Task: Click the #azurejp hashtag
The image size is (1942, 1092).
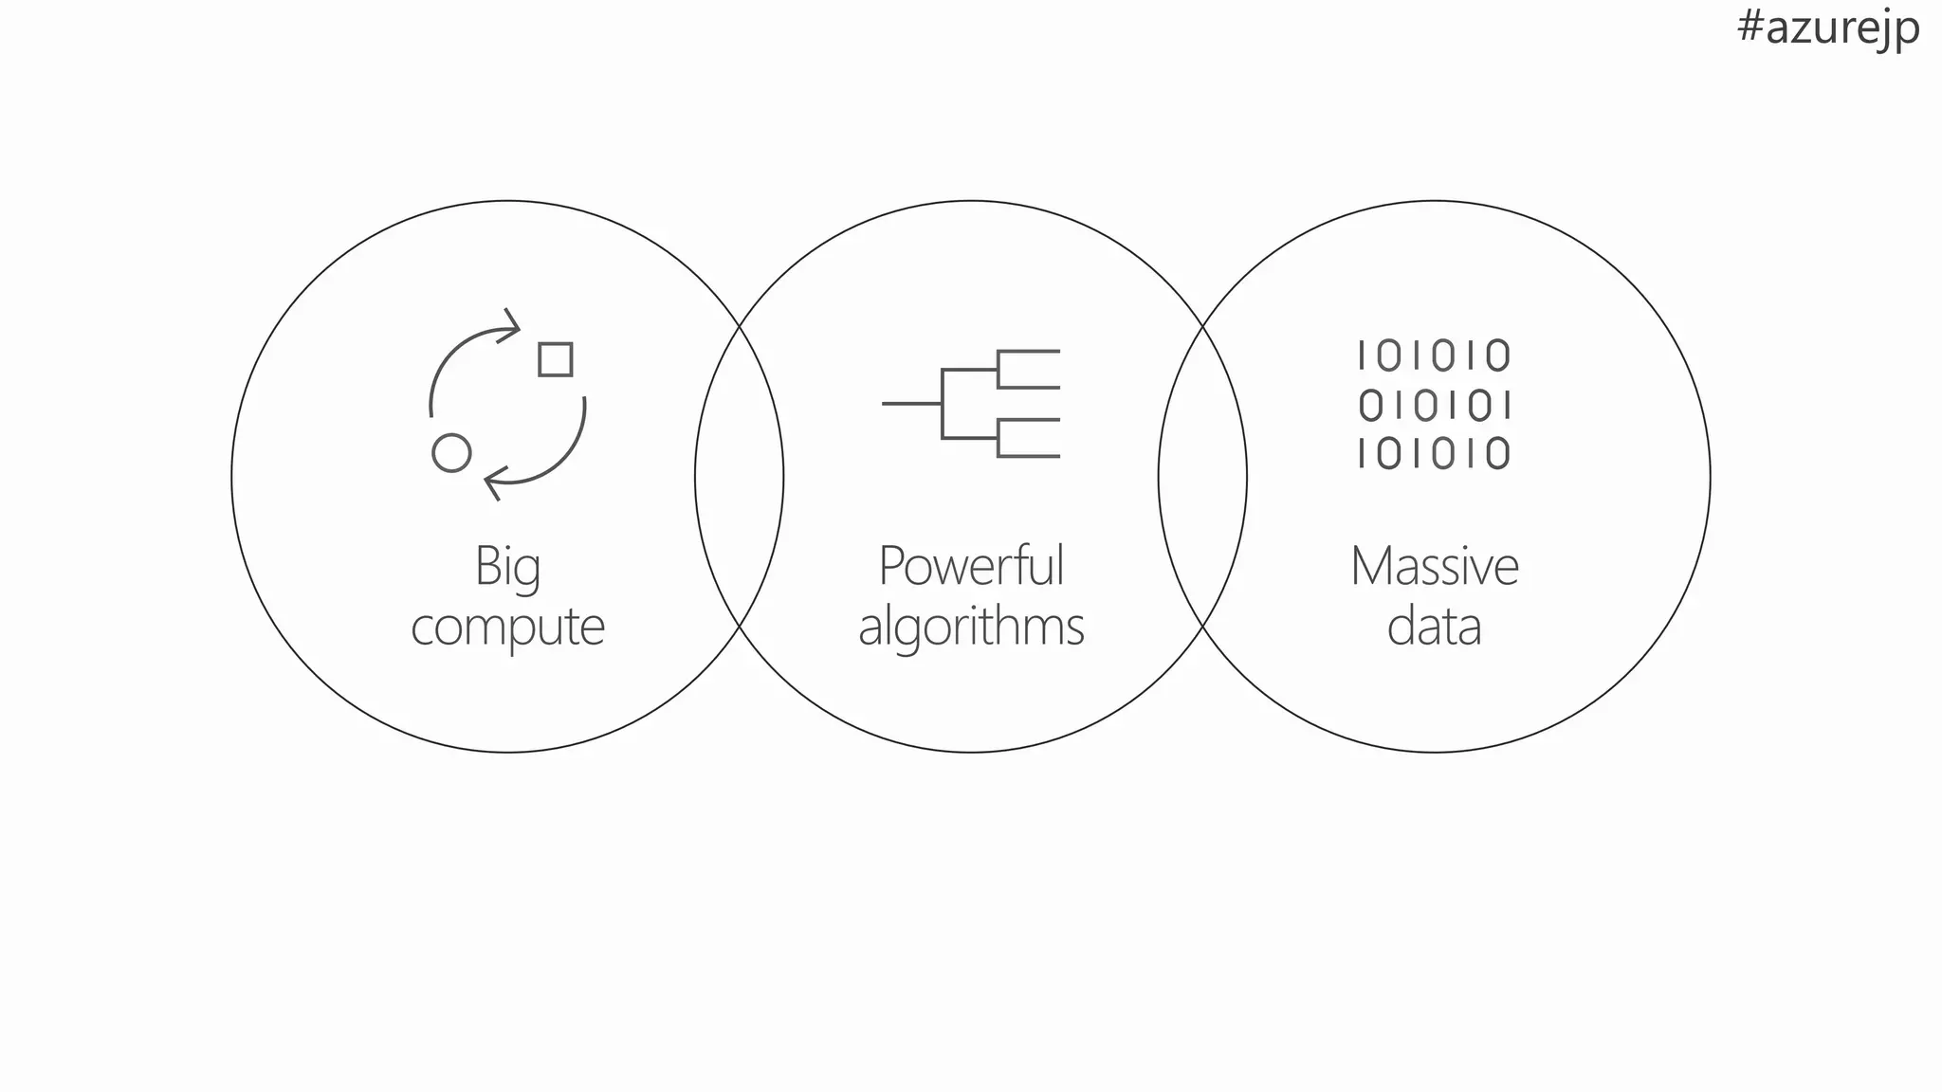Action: click(1827, 28)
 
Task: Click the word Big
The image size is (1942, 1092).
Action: click(507, 567)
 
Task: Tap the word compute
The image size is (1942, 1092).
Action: click(507, 627)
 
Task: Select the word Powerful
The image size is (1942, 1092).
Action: click(971, 566)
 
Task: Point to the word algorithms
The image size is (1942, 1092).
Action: click(971, 627)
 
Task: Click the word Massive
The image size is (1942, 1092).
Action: click(1434, 566)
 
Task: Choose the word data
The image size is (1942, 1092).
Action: click(1434, 627)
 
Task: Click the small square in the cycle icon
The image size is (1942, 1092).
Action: click(556, 360)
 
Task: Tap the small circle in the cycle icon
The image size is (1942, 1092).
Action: click(451, 453)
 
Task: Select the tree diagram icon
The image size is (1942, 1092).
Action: click(971, 404)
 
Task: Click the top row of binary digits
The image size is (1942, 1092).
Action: click(1434, 356)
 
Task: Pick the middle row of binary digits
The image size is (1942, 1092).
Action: click(1434, 406)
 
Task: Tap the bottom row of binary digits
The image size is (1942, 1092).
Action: click(1434, 453)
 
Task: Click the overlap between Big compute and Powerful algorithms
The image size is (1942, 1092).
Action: click(740, 476)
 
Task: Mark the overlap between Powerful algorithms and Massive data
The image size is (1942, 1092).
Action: click(1202, 476)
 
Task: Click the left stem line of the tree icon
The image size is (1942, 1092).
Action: click(911, 404)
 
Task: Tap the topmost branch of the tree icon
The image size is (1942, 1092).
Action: click(1030, 352)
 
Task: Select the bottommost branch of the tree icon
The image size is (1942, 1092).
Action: click(1030, 456)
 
